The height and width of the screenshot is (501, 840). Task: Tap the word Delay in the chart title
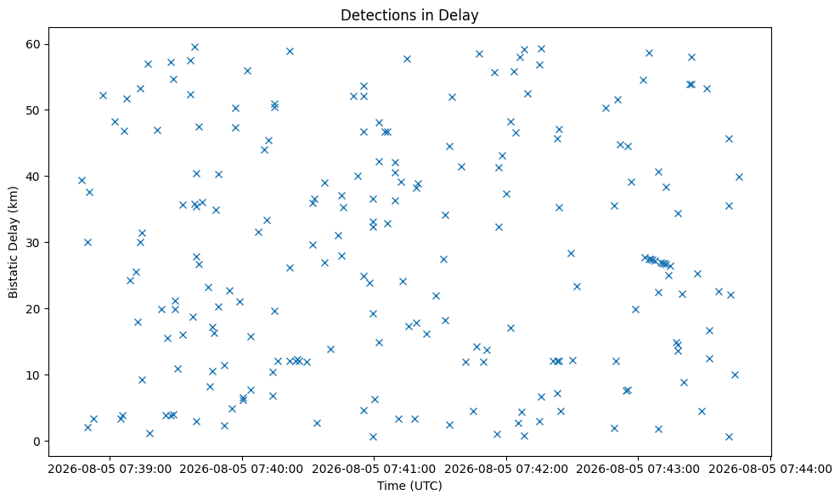point(461,15)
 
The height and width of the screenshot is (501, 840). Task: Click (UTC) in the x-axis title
point(425,486)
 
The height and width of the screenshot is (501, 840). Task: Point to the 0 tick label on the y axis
point(37,442)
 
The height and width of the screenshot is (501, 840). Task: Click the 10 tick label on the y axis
point(34,375)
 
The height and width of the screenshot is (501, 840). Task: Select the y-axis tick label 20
point(34,309)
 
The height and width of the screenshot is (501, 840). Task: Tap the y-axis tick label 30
point(34,243)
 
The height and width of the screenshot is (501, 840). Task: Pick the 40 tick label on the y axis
point(34,177)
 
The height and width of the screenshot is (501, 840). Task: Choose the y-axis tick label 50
point(34,110)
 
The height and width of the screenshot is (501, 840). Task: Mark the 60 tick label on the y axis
point(34,44)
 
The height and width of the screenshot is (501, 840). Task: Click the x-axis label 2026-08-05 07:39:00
point(110,470)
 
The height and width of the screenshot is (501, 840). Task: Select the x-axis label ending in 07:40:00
point(242,470)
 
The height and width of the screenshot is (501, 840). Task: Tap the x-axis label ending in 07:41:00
point(374,470)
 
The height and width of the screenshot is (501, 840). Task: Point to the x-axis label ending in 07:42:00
point(506,470)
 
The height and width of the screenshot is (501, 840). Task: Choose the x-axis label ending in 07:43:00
point(638,470)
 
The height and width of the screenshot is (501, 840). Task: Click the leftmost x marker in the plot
point(82,181)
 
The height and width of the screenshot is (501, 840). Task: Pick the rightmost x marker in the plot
point(739,177)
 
